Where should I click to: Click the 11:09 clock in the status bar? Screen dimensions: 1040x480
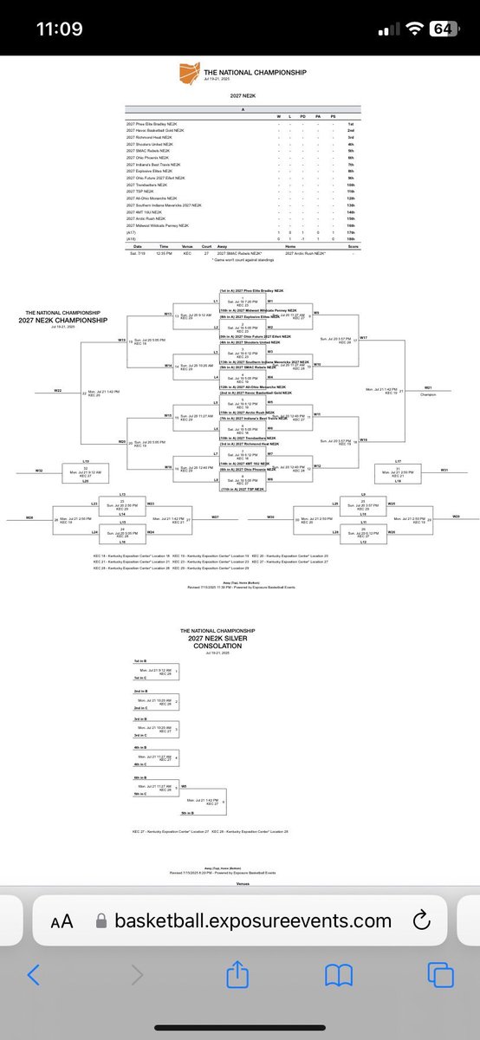pyautogui.click(x=59, y=28)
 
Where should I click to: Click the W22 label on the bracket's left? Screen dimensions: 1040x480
pyautogui.click(x=57, y=391)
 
